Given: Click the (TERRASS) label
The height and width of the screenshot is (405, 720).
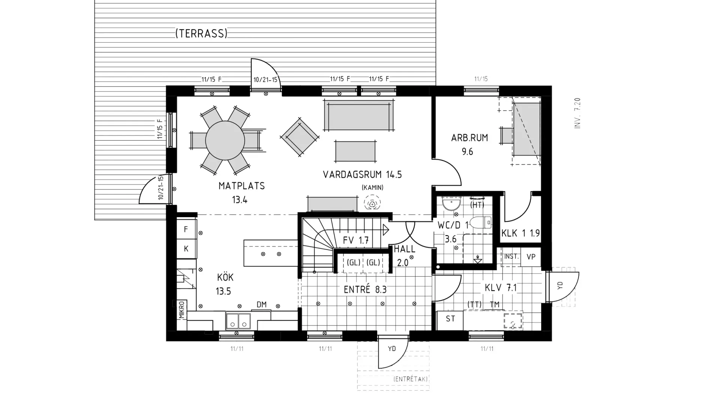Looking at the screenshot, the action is [x=201, y=34].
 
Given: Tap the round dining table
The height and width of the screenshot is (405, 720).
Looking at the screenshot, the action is [x=225, y=141].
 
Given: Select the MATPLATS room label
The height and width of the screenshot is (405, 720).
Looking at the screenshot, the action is [x=241, y=186].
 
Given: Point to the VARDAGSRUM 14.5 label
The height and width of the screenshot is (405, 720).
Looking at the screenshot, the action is [x=362, y=175].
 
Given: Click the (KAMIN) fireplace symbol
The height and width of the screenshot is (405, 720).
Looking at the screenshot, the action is [x=372, y=204].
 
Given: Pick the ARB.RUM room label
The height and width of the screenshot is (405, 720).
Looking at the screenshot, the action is [x=469, y=138].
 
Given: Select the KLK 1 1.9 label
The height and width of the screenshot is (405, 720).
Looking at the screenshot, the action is [x=520, y=233].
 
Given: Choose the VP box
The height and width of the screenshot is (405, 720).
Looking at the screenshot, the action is [x=531, y=257].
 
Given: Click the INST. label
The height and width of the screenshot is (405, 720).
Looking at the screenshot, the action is [x=511, y=256].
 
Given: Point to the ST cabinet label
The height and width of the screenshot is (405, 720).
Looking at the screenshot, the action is [x=450, y=319].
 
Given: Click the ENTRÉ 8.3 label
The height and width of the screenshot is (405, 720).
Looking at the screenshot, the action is [x=365, y=289].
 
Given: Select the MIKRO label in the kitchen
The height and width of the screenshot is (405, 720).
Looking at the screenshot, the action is [x=182, y=310].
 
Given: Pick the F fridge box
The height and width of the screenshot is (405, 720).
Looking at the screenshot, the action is [x=186, y=229].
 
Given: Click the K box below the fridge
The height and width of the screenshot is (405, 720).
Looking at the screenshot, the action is [x=186, y=249].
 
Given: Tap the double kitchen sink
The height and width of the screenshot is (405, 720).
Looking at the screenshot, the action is [x=238, y=321].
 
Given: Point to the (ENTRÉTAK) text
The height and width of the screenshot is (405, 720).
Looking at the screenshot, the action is [x=411, y=379].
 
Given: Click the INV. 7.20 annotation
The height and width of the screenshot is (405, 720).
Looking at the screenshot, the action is [x=577, y=113].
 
